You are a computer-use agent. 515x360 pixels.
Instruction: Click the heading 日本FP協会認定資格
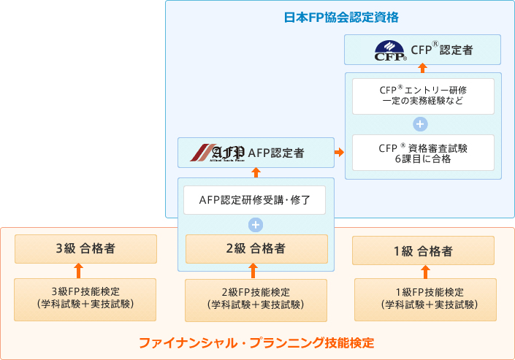[341, 16]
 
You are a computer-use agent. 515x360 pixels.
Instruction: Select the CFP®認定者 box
[423, 51]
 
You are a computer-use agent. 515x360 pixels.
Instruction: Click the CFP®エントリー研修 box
[423, 96]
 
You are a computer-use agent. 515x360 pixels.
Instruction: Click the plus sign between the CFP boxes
[420, 124]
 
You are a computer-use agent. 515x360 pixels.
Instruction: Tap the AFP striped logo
[217, 153]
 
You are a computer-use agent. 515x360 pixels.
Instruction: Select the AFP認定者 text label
[276, 153]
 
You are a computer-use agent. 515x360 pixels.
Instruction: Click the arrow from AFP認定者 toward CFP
[339, 153]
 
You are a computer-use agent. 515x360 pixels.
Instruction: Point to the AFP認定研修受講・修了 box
[255, 199]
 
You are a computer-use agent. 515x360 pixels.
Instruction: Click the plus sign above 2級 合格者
[255, 224]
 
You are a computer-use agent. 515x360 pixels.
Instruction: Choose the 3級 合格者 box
[85, 248]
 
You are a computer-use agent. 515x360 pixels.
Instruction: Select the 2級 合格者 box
[256, 248]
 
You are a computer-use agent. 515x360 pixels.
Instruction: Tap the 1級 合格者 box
[423, 251]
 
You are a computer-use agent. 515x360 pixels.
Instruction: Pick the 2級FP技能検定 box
[256, 299]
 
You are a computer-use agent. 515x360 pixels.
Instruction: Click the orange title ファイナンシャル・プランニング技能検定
[256, 342]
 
